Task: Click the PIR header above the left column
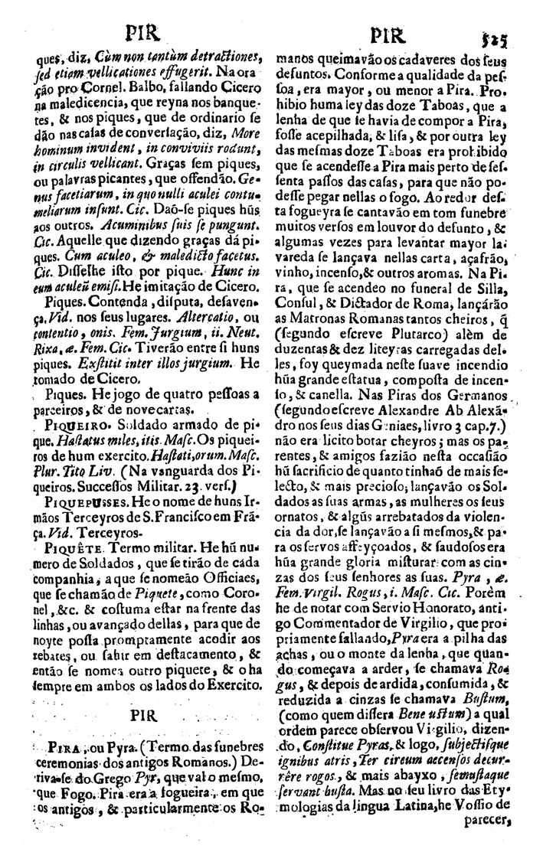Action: pos(140,34)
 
